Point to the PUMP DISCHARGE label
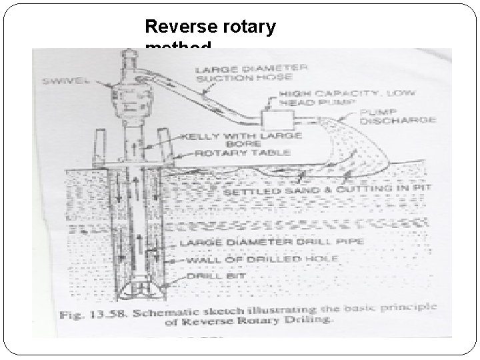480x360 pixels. point(397,116)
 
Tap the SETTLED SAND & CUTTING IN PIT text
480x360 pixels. point(327,191)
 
